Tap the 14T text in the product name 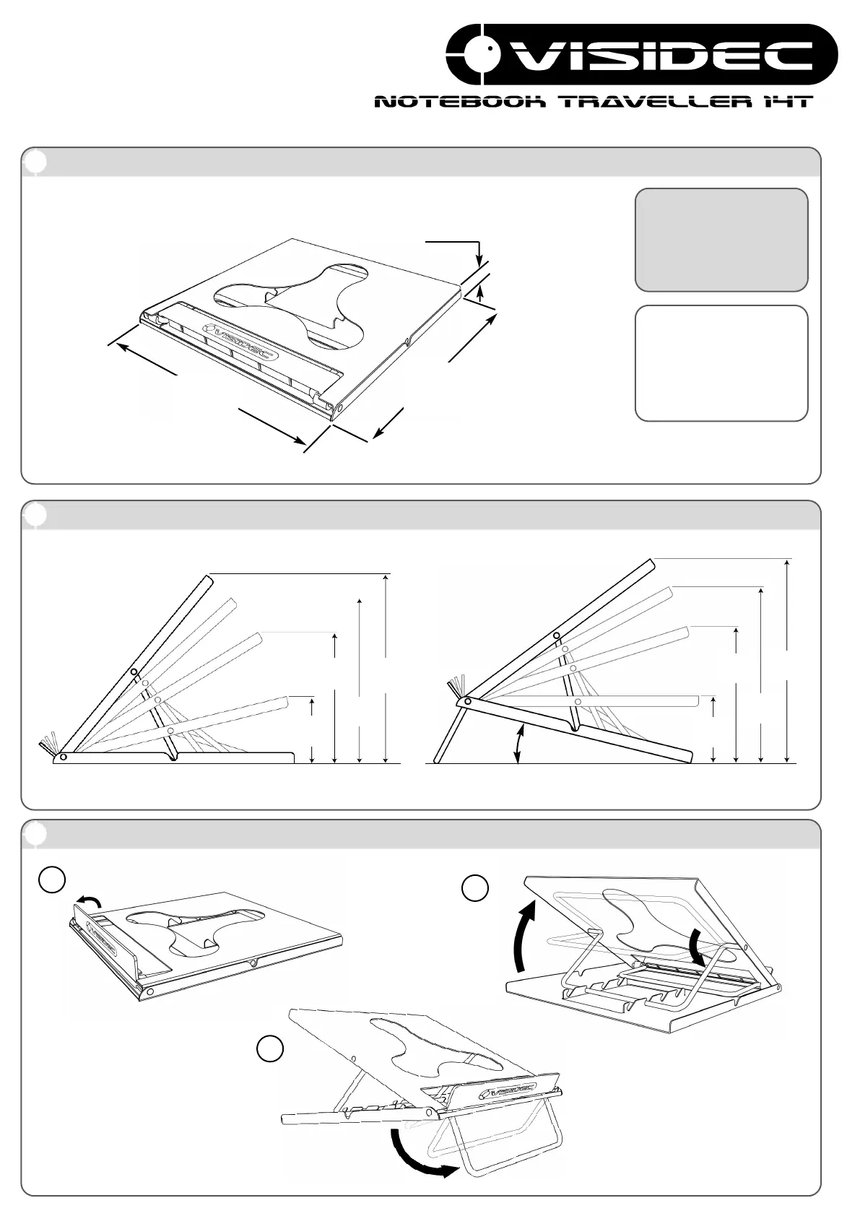[x=788, y=102]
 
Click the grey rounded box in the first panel [x=721, y=240]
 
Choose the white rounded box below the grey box [x=721, y=363]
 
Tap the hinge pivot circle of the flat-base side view [x=64, y=757]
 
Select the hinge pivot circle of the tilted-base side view [x=467, y=700]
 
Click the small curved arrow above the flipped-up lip [x=90, y=898]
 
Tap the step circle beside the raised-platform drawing [x=475, y=888]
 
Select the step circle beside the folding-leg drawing [x=269, y=1049]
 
